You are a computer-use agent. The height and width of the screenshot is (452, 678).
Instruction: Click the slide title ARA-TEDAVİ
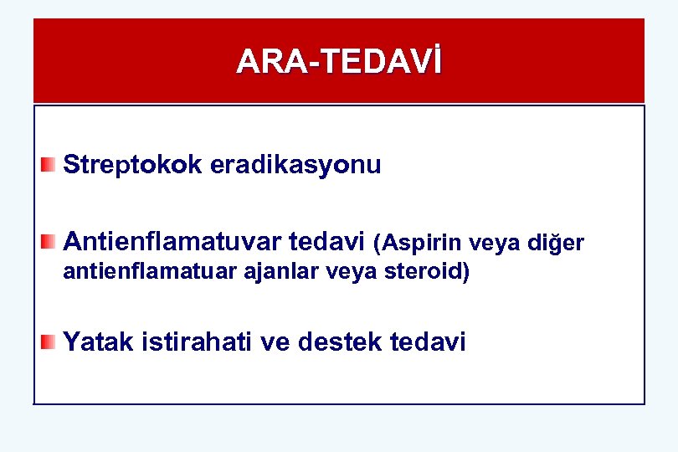(x=339, y=61)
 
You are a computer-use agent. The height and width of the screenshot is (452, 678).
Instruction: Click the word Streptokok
(x=132, y=165)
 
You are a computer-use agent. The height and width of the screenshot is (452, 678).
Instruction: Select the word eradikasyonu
(x=295, y=165)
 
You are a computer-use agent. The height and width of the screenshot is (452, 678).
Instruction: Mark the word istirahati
(x=195, y=342)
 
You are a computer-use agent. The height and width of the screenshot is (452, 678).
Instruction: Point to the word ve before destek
(x=275, y=342)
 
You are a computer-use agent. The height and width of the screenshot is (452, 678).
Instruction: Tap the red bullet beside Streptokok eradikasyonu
(x=49, y=164)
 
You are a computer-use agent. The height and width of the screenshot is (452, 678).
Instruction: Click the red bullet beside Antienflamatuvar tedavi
(x=49, y=242)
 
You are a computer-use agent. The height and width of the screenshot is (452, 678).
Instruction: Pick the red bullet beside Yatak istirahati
(x=49, y=341)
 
